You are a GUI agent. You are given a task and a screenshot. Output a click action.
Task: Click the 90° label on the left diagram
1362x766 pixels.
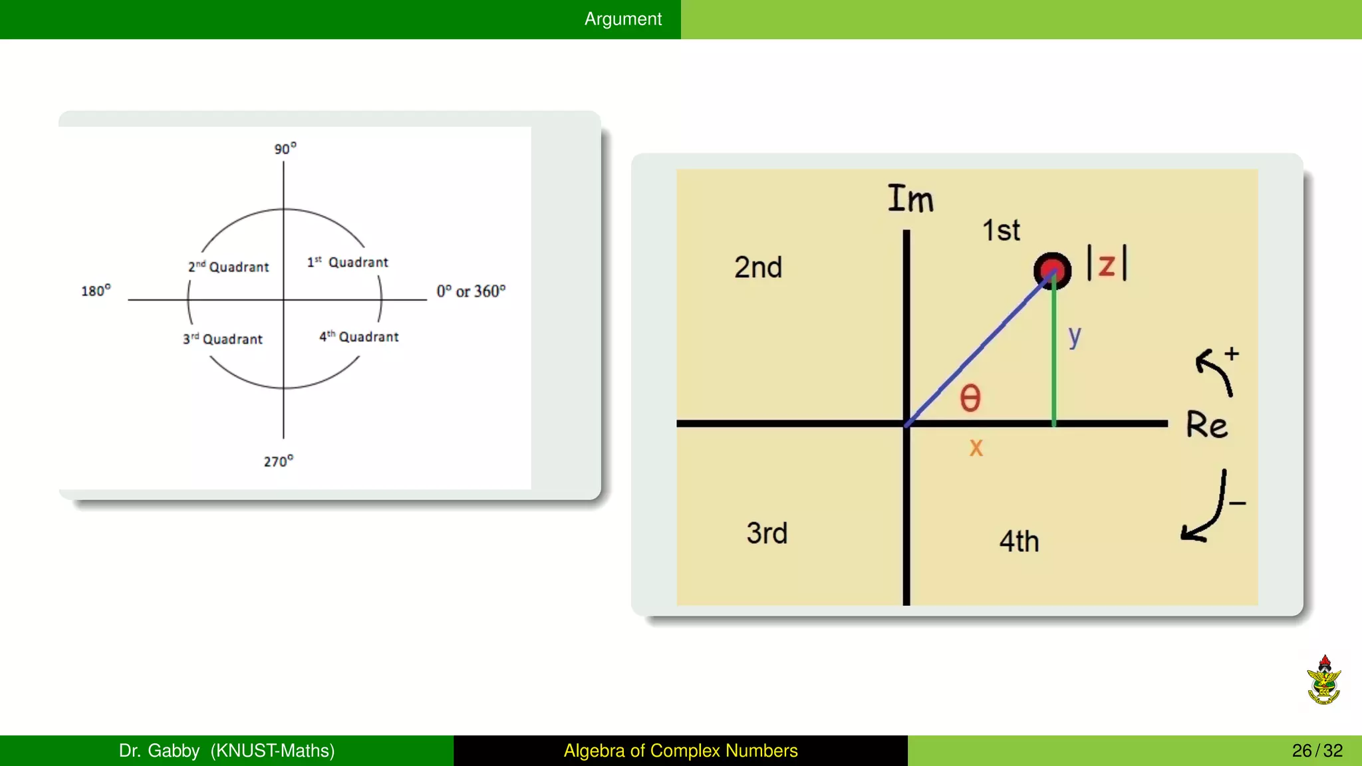[285, 148]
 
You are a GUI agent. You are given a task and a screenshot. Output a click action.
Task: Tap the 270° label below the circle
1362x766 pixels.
[278, 461]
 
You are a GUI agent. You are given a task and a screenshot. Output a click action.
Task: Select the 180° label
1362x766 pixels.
[96, 291]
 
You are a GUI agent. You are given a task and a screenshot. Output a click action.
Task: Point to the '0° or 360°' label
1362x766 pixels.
[471, 291]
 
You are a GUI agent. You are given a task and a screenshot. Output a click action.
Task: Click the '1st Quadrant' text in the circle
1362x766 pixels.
[347, 262]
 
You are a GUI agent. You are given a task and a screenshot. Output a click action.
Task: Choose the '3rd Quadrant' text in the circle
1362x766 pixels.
[223, 339]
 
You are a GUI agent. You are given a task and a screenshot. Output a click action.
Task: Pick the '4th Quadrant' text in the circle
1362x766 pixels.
[358, 336]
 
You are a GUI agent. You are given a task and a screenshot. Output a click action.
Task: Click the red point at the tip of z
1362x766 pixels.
[1052, 271]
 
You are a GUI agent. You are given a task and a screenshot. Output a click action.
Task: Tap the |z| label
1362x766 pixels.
[1107, 264]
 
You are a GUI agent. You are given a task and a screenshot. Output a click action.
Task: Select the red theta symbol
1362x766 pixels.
[970, 398]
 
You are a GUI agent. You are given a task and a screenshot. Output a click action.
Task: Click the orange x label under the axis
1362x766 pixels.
[976, 447]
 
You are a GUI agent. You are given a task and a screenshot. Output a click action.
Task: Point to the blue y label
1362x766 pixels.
[1074, 336]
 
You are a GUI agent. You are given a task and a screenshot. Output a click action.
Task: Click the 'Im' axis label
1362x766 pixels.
[910, 199]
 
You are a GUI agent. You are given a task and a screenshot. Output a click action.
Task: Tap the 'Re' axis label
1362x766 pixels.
[1206, 425]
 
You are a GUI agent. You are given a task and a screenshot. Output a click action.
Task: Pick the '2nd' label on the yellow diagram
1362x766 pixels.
[758, 267]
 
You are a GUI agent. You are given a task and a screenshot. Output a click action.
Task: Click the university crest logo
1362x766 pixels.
[1323, 680]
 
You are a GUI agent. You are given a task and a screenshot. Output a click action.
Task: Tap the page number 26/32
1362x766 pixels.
[1317, 751]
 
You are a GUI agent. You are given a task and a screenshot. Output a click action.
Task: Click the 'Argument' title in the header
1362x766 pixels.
[622, 19]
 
